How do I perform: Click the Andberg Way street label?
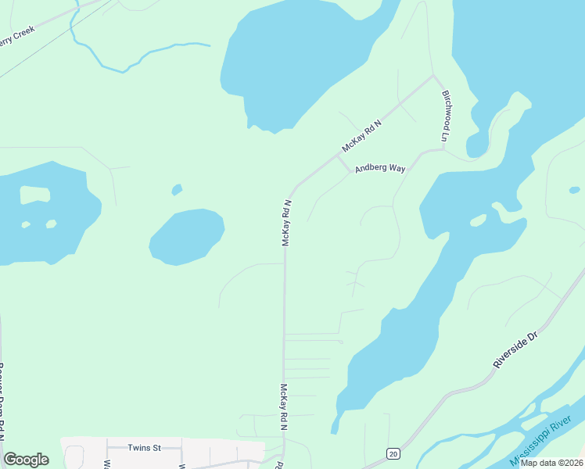point(379,168)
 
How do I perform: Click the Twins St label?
point(144,448)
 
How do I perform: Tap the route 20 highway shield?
point(392,453)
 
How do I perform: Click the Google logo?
point(26,460)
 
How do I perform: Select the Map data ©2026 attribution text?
point(551,463)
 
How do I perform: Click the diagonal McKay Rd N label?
point(361,136)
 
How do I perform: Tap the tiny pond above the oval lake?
point(177,189)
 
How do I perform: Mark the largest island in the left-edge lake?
point(34,194)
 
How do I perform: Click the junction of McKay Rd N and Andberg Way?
point(338,156)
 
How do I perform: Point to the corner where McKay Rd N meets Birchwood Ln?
point(433,76)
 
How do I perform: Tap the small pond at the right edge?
point(575,190)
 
